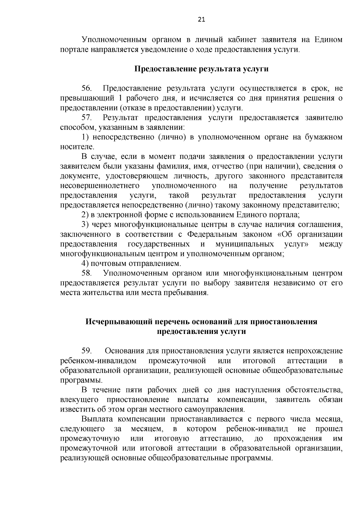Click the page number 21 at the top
click(x=201, y=20)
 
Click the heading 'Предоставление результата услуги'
click(x=201, y=69)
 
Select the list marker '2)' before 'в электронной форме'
click(x=85, y=215)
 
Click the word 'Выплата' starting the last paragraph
click(x=96, y=419)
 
